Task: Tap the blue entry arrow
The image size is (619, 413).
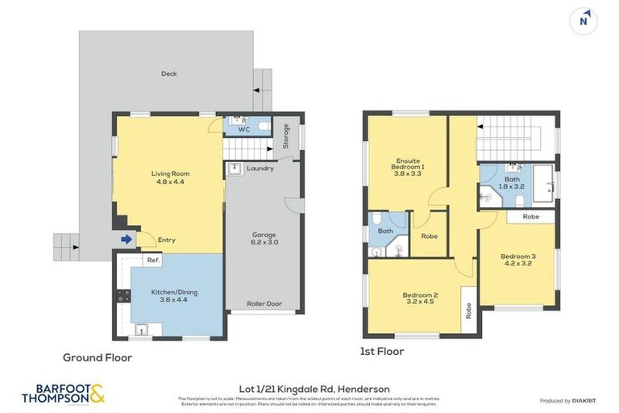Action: pos(126,239)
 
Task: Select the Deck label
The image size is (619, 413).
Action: pos(168,73)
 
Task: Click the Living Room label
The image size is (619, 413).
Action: pos(169,177)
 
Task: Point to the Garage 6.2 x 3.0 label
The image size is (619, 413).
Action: pos(259,237)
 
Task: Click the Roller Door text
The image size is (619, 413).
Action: pos(264,304)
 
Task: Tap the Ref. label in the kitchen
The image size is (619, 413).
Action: pos(152,261)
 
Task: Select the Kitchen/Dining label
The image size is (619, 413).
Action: pos(174,295)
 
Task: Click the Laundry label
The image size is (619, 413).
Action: pos(260,169)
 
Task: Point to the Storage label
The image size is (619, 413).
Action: pos(285,136)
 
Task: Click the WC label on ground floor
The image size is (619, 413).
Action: pos(243,129)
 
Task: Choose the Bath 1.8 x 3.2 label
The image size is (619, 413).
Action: pos(513,183)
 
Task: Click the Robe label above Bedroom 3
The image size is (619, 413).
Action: pos(530,217)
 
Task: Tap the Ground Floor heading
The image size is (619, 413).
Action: pos(98,357)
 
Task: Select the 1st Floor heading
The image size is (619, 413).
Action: pos(382,352)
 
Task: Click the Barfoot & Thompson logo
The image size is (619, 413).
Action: pos(63,394)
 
